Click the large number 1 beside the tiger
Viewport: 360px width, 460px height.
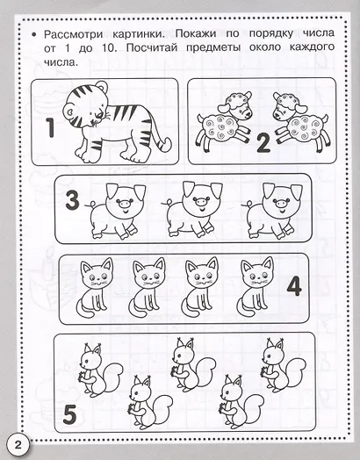point(51,127)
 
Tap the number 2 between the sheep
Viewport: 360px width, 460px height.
point(263,143)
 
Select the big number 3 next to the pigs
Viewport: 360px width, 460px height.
point(73,200)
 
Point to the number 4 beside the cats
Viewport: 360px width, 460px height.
point(294,286)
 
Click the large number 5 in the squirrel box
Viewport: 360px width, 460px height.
point(69,414)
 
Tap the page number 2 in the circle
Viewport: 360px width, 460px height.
point(18,445)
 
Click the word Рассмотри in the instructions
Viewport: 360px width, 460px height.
point(74,34)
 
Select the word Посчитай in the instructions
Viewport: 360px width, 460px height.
point(152,47)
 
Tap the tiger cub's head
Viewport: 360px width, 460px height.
point(83,105)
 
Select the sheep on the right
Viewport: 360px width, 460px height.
point(300,121)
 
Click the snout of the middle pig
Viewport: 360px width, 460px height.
point(201,202)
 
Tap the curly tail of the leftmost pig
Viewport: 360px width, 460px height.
point(91,205)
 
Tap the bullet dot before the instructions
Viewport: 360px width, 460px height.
point(34,35)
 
